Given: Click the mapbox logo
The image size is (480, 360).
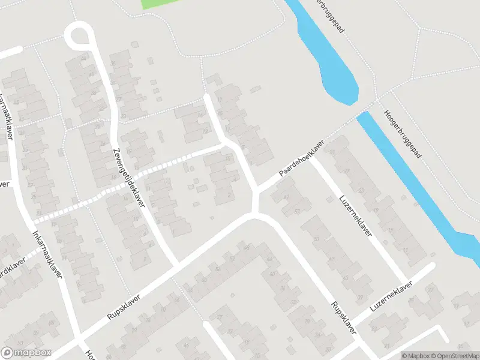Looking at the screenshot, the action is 26,353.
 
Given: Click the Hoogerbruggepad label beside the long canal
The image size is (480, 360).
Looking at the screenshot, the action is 403,134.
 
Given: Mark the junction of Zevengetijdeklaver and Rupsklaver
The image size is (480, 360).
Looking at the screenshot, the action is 177,265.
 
